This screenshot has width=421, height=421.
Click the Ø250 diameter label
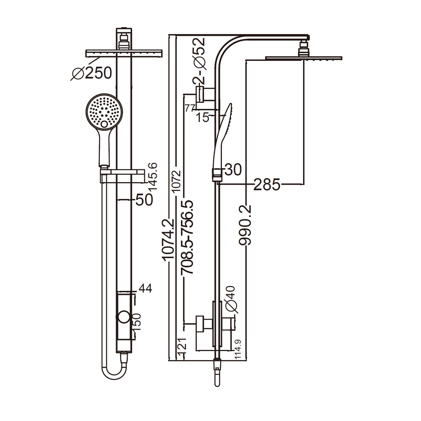92,73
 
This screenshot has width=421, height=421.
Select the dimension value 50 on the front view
144,199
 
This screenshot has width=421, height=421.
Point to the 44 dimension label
146,289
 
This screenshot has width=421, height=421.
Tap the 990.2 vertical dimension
245,225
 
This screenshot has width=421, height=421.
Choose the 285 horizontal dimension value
266,185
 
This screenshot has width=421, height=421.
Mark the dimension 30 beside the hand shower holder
232,169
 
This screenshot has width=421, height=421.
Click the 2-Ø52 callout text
199,57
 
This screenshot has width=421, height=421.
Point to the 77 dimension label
190,108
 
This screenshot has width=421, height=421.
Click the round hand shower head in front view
105,111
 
